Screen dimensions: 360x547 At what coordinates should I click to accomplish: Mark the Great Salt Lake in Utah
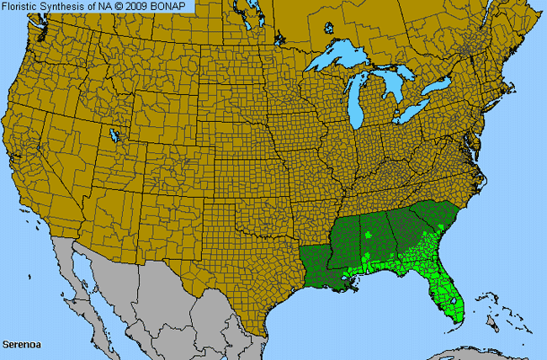114,135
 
